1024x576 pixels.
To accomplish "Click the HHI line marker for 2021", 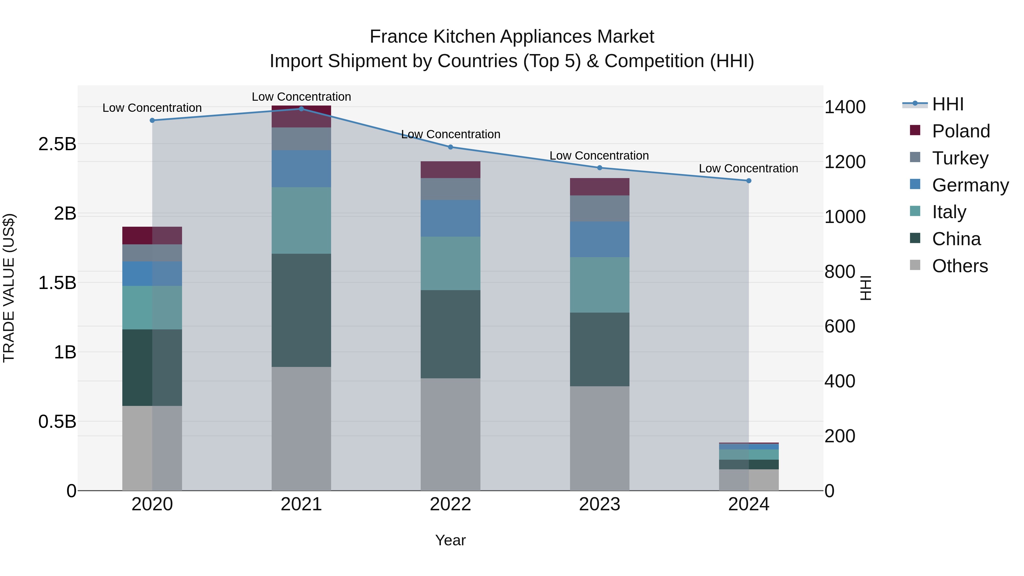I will pos(301,109).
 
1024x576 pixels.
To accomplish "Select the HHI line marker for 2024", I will pos(749,181).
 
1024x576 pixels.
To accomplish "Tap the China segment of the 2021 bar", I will pos(301,310).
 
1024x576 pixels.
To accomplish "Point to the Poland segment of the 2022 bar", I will pos(450,170).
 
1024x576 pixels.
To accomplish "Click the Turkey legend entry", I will pos(960,158).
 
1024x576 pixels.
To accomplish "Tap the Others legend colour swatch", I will pos(915,265).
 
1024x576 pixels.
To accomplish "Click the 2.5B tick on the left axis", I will pos(57,144).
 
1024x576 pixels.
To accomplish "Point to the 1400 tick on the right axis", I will pos(845,107).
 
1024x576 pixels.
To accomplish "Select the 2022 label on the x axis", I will pos(450,504).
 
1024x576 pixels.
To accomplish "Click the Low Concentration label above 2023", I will pos(599,156).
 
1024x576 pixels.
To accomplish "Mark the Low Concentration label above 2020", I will pos(152,108).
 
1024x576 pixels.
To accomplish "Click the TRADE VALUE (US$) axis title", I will pos(9,288).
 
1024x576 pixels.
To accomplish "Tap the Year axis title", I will pos(450,540).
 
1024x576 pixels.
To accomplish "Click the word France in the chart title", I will pos(399,37).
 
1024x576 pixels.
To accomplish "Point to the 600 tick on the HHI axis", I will pos(840,326).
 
